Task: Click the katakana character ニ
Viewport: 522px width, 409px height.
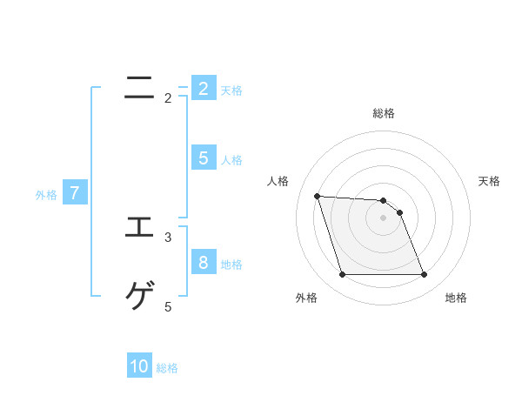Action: tap(140, 87)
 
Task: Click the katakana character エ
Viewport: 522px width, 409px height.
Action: tap(140, 227)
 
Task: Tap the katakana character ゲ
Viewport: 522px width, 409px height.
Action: tap(140, 297)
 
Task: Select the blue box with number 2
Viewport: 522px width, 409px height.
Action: tap(203, 88)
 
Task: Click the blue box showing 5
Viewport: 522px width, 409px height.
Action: tap(203, 158)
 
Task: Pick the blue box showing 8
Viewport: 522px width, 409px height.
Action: tap(203, 262)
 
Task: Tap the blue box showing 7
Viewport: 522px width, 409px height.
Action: tap(74, 193)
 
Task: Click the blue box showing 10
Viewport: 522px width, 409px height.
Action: tap(139, 366)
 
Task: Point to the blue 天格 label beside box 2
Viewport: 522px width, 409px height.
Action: tap(231, 90)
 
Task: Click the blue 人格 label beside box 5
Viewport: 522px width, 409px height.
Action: tap(231, 159)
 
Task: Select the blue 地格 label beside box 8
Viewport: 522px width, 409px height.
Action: tap(231, 264)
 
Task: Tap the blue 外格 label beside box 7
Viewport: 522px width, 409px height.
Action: tap(46, 195)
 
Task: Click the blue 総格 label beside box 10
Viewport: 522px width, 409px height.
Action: tap(167, 368)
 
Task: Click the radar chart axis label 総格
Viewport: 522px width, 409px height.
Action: tap(383, 113)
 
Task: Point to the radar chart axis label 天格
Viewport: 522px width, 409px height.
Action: tap(490, 181)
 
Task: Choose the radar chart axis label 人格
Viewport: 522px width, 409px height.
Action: tap(278, 181)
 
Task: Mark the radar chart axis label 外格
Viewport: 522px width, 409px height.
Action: tap(306, 298)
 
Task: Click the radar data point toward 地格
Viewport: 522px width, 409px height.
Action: tap(424, 275)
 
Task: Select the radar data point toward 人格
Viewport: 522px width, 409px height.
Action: tap(317, 196)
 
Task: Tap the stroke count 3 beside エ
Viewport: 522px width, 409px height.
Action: tap(168, 236)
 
